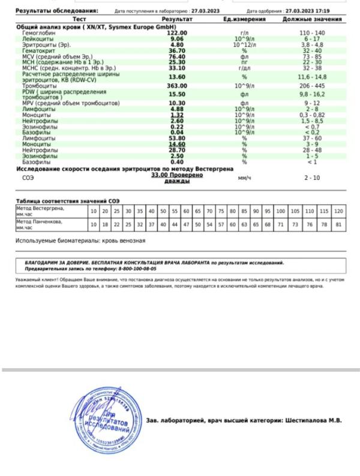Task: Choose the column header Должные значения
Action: pyautogui.click(x=312, y=20)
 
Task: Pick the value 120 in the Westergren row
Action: pyautogui.click(x=338, y=212)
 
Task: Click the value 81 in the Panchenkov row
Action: pyautogui.click(x=338, y=225)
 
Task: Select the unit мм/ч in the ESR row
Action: pyautogui.click(x=244, y=178)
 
